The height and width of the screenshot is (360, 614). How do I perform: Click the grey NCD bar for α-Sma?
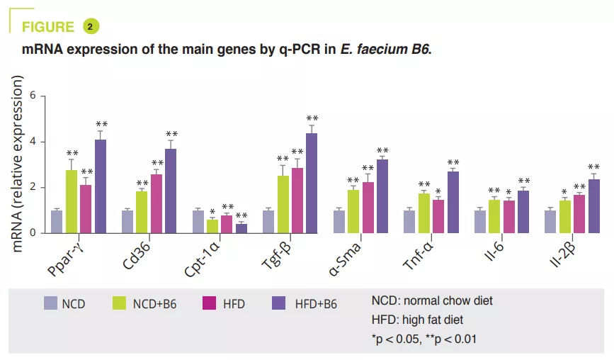[339, 221]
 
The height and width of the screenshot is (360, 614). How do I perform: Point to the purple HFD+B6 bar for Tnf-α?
[453, 202]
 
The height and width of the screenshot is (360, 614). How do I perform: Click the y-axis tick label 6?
[42, 96]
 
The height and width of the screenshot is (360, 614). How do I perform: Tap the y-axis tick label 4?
[42, 142]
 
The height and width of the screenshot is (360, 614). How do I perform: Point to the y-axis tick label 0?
[42, 233]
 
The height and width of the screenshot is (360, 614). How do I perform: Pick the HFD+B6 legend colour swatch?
[280, 304]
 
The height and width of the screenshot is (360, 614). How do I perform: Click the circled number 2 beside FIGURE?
[91, 27]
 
